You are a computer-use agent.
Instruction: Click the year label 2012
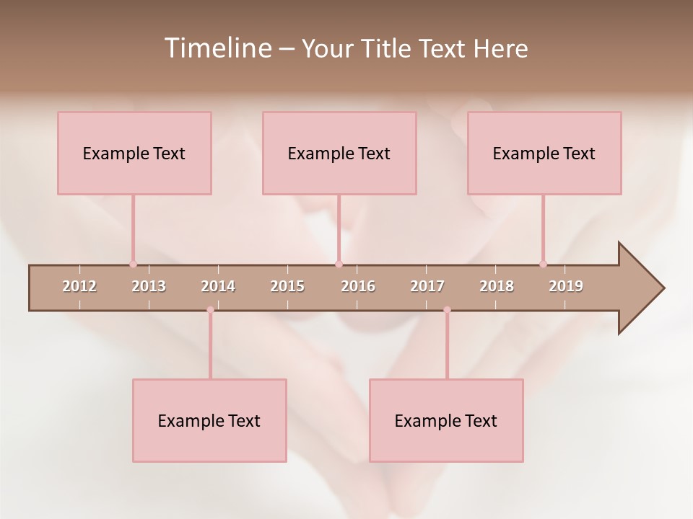(79, 286)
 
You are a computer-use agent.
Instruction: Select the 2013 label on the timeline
(149, 286)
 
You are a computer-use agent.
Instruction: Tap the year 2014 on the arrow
(218, 286)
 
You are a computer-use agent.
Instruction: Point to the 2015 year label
(287, 286)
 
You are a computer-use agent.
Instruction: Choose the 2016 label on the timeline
(358, 286)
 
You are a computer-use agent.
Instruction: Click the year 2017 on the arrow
(427, 286)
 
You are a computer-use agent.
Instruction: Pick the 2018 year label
(497, 286)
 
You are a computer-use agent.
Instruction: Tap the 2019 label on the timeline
(566, 286)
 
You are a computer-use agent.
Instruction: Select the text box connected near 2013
(134, 153)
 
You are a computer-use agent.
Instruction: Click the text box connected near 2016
(339, 153)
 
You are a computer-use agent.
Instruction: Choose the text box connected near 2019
(544, 153)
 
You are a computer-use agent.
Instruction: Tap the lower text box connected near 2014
(209, 420)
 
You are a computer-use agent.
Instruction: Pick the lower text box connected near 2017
(446, 420)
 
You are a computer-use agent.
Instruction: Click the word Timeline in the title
(217, 48)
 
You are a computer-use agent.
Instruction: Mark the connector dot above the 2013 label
(133, 264)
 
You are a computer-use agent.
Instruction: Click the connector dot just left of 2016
(339, 264)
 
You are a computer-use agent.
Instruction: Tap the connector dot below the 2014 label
(210, 310)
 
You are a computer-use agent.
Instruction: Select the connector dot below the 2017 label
(447, 310)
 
